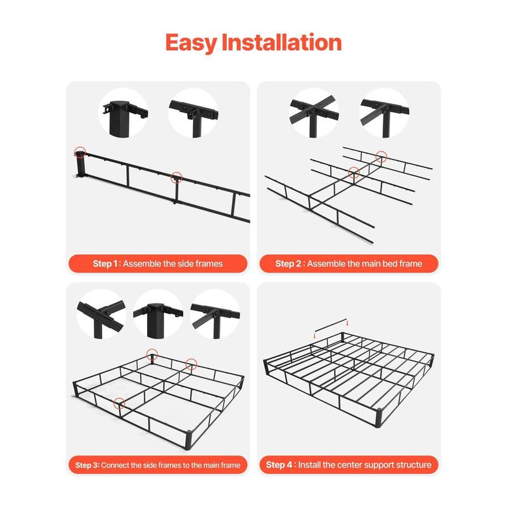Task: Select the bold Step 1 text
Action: pos(106,263)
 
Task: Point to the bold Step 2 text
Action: pos(288,263)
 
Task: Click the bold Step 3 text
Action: pos(87,465)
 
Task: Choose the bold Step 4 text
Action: pos(279,465)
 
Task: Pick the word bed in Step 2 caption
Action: pos(387,263)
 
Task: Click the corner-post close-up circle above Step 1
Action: pos(124,112)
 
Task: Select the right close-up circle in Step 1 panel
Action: pos(193,112)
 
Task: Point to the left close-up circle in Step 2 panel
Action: pos(314,112)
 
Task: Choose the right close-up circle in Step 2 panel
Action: pos(383,112)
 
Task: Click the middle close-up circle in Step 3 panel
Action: pos(158,314)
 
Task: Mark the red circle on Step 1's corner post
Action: pos(80,152)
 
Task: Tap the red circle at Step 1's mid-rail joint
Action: pos(176,178)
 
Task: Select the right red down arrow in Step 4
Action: pos(347,323)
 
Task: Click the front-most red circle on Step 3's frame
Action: pos(119,402)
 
